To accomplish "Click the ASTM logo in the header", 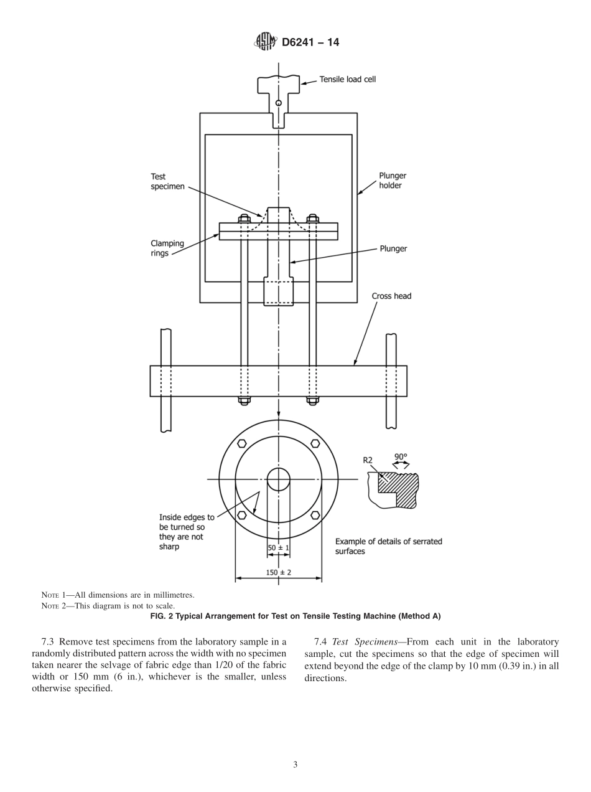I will tap(265, 42).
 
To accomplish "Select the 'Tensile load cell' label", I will tap(347, 80).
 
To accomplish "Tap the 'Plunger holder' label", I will tap(392, 181).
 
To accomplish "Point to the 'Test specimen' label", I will tap(167, 182).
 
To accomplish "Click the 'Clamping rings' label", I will tap(167, 248).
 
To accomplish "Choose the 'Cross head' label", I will tap(391, 296).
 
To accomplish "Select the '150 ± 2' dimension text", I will tap(278, 572).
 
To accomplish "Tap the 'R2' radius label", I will tap(368, 460).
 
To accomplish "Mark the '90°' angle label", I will tap(401, 456).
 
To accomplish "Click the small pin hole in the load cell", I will tap(279, 103).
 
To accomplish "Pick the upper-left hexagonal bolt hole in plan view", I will tap(242, 443).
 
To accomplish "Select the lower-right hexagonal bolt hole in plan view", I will tap(315, 515).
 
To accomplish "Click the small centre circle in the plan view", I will tap(279, 479).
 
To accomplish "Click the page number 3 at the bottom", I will tap(295, 765).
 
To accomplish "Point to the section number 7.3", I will tap(49, 642).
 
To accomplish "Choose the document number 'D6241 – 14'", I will tap(310, 42).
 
